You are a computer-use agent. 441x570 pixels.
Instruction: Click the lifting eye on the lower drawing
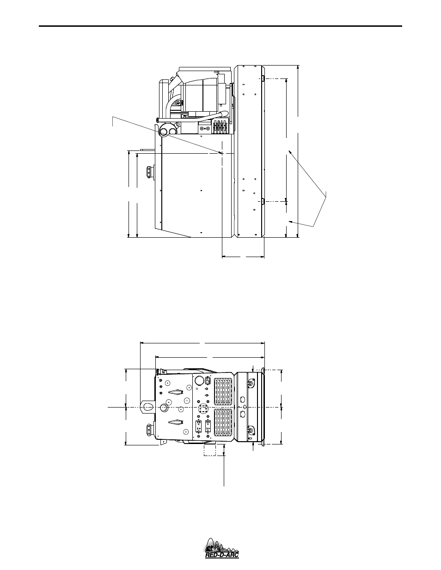coord(147,407)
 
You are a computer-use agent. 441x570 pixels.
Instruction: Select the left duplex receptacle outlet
coord(199,426)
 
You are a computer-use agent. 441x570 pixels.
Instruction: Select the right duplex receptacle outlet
coord(208,426)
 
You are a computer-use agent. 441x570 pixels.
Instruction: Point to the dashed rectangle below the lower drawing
coord(210,450)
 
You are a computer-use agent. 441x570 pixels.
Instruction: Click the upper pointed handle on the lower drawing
coord(176,392)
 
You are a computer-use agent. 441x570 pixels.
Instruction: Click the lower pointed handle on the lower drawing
coord(176,422)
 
